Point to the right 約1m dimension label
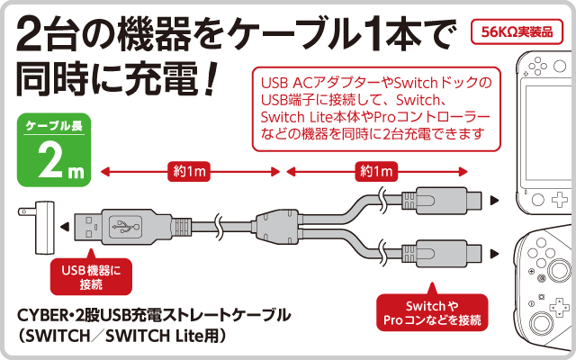[376, 170]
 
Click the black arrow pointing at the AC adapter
[68, 225]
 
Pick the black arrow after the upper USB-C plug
[495, 200]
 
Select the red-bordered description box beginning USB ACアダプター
[373, 111]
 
